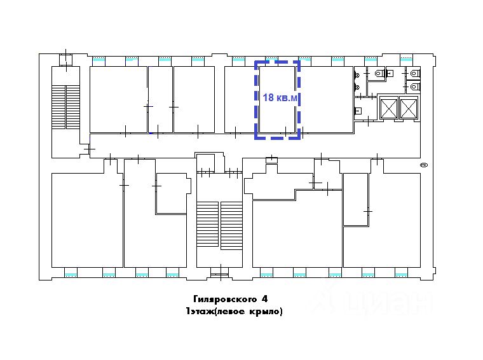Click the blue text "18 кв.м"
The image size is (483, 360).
tap(280, 98)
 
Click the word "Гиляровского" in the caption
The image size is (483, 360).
tap(225, 299)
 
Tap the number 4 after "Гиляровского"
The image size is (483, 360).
tap(264, 299)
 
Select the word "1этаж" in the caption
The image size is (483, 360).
tap(200, 311)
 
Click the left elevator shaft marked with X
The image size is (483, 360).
tap(388, 107)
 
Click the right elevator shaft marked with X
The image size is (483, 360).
tap(409, 107)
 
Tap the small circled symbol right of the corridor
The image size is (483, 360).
tap(424, 165)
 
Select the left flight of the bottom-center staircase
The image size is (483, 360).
tap(207, 224)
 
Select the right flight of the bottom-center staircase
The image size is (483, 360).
tap(231, 226)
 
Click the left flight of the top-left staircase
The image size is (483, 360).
tap(58, 107)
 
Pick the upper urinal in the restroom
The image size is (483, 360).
tap(357, 74)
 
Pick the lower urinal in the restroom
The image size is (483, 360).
tap(357, 87)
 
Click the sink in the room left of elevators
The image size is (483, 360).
tap(358, 111)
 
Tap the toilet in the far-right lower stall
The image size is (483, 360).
tap(414, 87)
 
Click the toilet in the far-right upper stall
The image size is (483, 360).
tap(414, 73)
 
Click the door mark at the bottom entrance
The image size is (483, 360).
tap(221, 272)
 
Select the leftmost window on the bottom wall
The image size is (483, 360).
tap(71, 273)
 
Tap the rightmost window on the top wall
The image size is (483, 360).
tap(406, 59)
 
